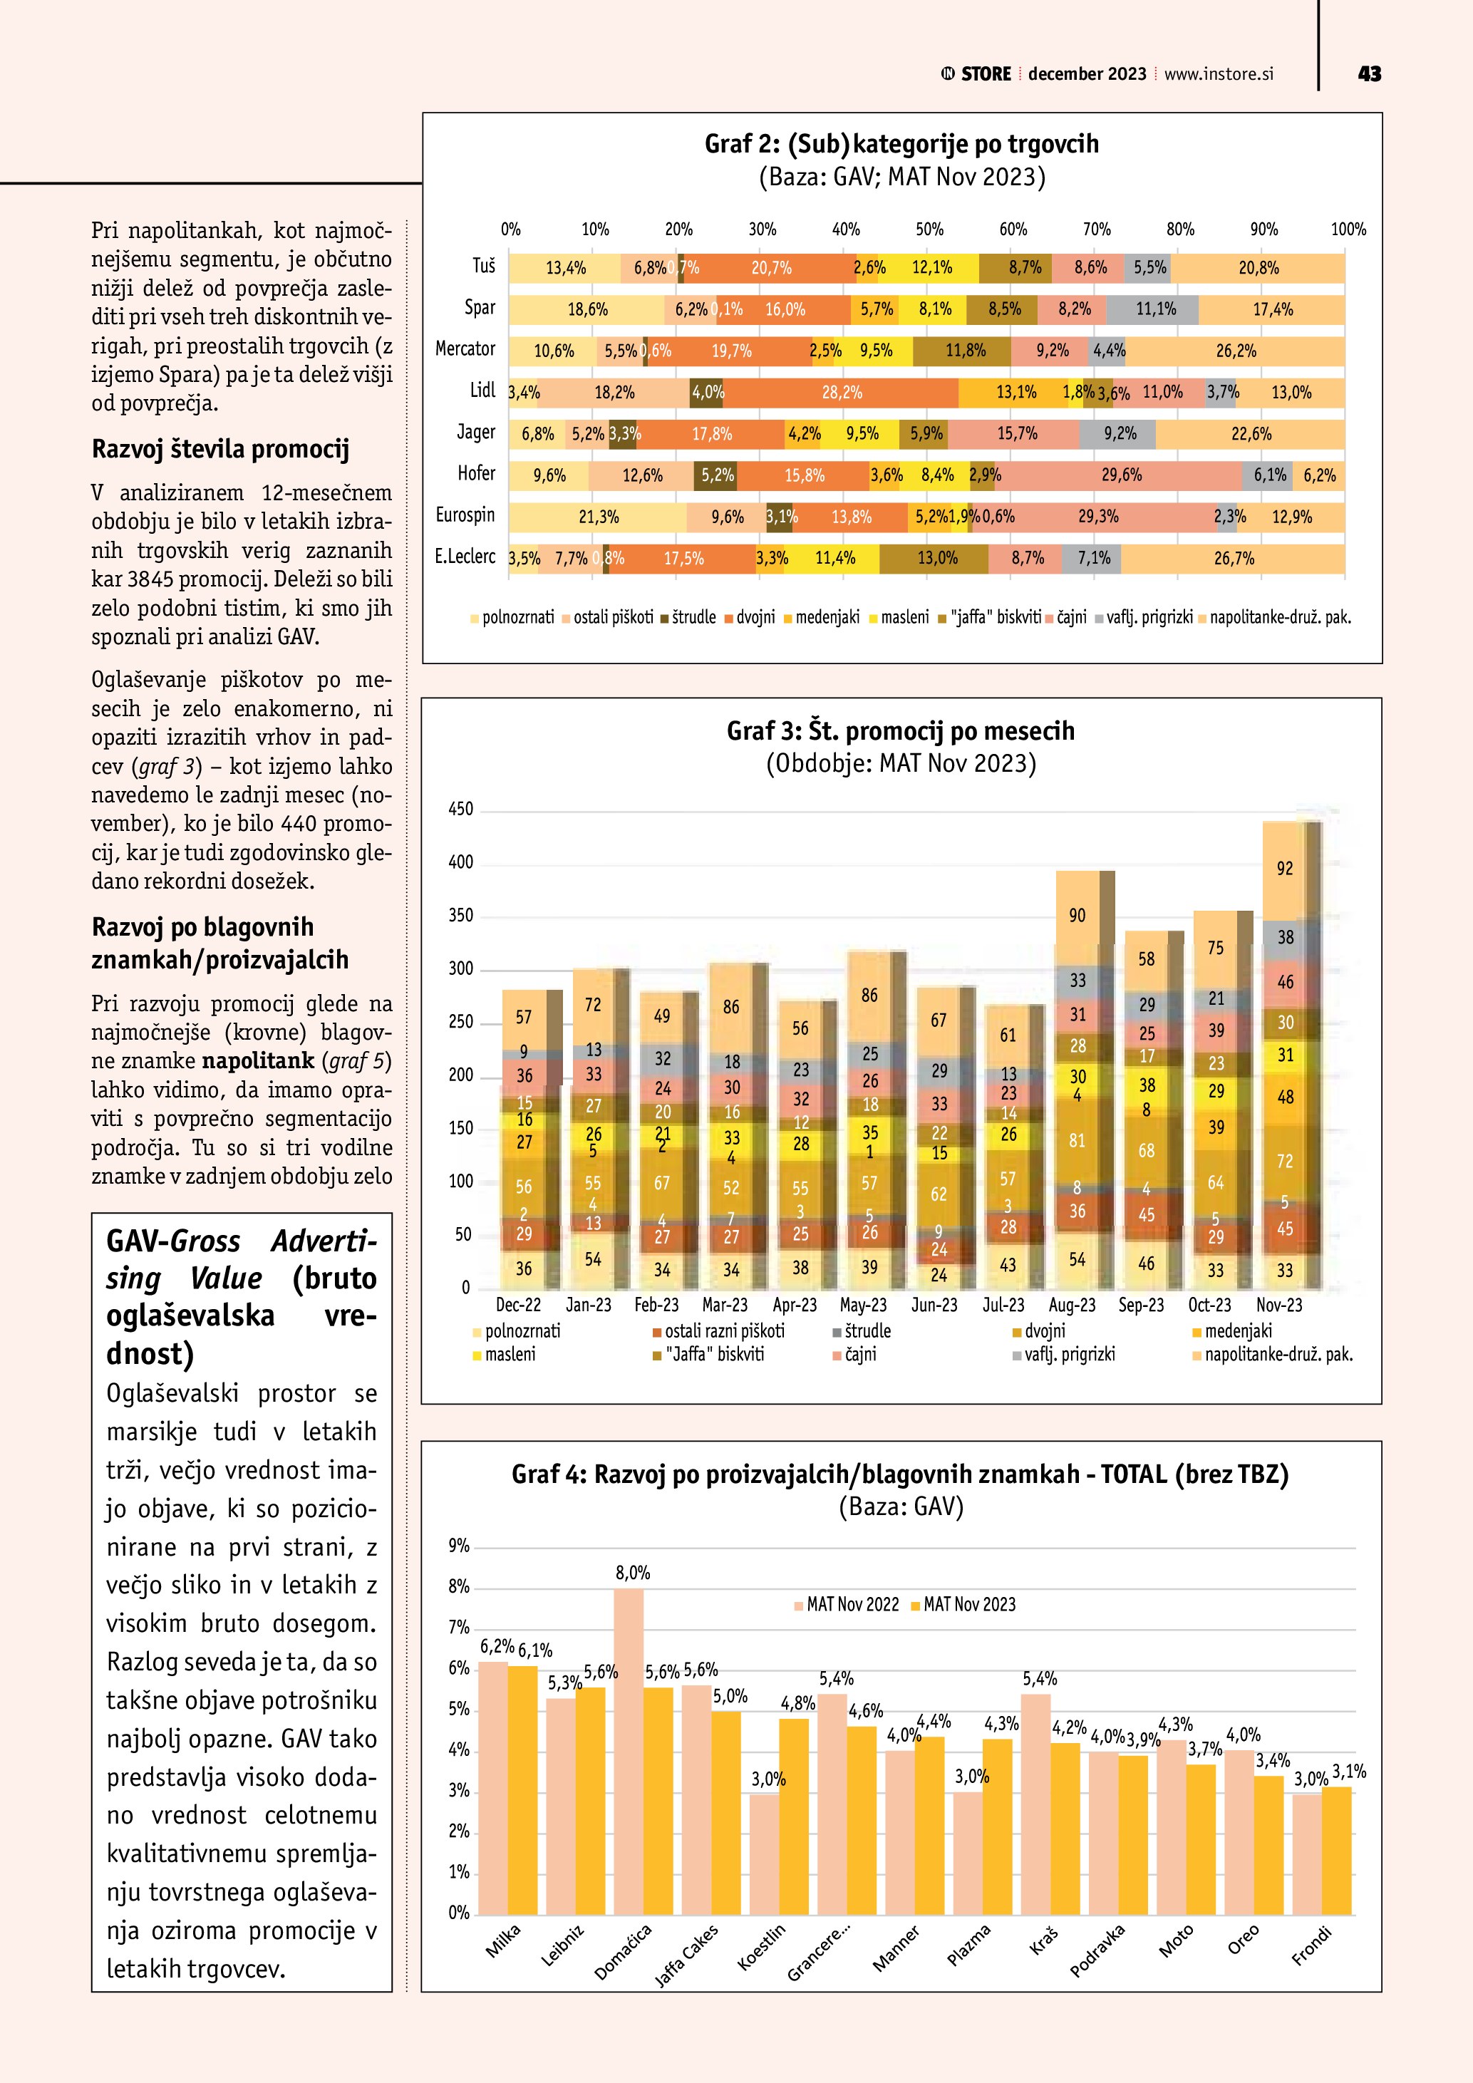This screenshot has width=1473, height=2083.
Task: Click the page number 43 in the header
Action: tap(1369, 74)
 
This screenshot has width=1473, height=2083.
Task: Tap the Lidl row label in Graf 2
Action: tap(482, 390)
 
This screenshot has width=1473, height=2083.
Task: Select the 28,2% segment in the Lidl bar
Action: tap(842, 393)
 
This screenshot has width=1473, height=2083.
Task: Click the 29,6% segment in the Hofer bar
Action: tap(1121, 475)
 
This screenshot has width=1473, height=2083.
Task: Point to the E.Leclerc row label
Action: tap(465, 556)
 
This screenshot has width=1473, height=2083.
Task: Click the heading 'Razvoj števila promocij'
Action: tap(220, 449)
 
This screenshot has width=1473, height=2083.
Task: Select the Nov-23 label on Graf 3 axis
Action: tap(1279, 1305)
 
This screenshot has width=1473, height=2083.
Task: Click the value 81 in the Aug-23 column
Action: tap(1077, 1140)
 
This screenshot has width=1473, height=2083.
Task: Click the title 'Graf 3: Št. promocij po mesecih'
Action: tap(900, 730)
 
